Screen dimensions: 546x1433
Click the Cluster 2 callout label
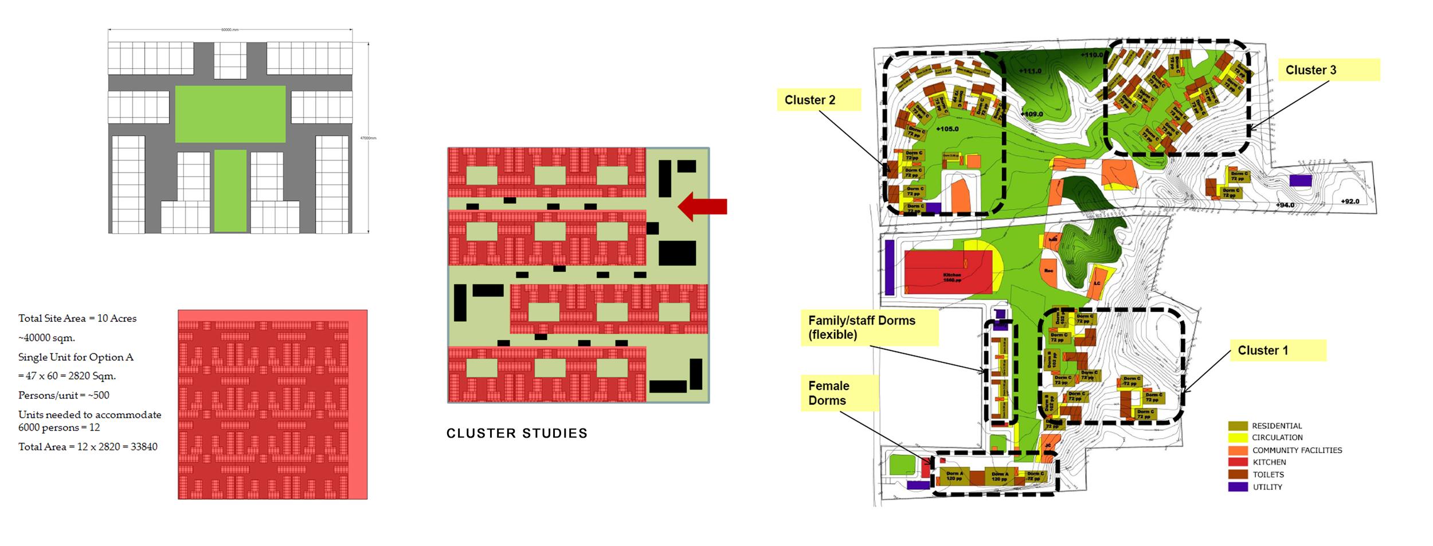818,100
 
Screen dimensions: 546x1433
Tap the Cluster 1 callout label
1277,350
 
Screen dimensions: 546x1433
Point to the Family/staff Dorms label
869,327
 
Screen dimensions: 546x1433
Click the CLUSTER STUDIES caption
517,433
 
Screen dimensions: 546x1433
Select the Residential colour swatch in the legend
1238,426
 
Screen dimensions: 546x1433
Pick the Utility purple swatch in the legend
1238,487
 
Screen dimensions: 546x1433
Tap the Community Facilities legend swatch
1238,450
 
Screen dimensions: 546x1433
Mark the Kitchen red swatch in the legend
1238,462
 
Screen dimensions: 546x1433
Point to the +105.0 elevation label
947,129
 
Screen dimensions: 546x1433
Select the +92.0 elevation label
1350,201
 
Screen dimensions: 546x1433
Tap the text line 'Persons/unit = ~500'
64,395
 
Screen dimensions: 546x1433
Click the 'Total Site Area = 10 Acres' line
77,318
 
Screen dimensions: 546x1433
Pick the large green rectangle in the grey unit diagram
230,114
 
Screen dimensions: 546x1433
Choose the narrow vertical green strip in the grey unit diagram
230,190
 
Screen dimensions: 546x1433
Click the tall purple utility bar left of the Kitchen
890,267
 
